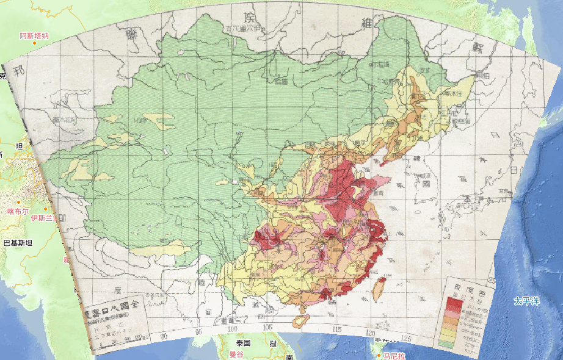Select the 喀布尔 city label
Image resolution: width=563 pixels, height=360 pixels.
click(x=18, y=211)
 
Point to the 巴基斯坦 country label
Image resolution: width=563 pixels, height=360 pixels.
click(x=18, y=242)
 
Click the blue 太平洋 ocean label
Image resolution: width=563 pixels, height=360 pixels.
click(x=526, y=301)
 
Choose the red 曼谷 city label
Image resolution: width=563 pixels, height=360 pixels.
click(x=236, y=354)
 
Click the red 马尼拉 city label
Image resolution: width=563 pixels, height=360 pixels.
click(x=394, y=355)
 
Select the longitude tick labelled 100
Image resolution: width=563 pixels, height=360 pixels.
click(x=231, y=329)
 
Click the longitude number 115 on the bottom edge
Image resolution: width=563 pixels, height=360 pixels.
click(x=336, y=330)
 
